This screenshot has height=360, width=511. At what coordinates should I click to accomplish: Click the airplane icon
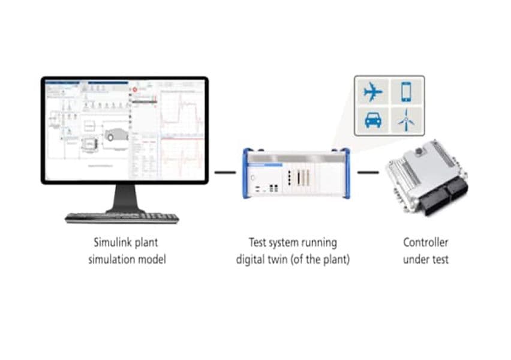click(373, 93)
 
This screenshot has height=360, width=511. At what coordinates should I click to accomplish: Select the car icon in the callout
click(373, 121)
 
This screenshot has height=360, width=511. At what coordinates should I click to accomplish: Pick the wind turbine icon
click(406, 121)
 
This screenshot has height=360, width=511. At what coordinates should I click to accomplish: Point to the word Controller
click(425, 243)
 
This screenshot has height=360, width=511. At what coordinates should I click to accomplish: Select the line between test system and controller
click(368, 172)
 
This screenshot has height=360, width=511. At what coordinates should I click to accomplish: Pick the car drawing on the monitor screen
click(114, 135)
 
